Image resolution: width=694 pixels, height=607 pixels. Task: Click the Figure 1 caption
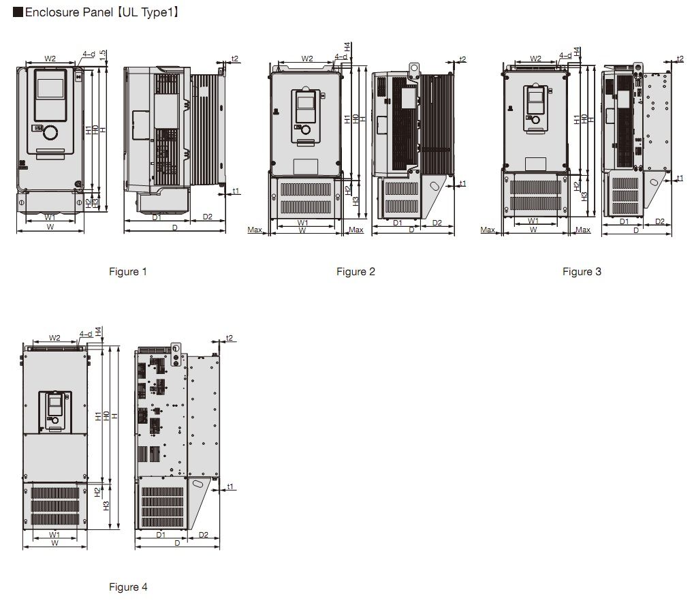(x=127, y=271)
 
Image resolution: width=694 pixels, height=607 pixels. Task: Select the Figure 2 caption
(x=356, y=271)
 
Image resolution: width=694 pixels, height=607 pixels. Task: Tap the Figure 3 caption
(x=582, y=271)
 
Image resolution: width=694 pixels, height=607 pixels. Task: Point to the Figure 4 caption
(x=128, y=587)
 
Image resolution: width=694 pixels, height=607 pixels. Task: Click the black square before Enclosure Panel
(x=18, y=12)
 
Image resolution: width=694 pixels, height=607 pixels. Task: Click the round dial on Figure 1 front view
(x=50, y=132)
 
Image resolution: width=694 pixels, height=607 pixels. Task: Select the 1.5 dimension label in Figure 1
(x=103, y=55)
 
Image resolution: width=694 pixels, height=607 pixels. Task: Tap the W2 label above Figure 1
(x=50, y=58)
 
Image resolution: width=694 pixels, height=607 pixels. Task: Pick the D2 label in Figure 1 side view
(x=207, y=216)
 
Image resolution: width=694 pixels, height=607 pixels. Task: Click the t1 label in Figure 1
(x=236, y=191)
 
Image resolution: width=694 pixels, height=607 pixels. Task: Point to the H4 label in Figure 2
(x=347, y=46)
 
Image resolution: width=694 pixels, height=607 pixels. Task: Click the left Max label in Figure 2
(x=255, y=230)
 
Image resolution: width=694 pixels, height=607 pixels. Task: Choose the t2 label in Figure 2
(x=462, y=59)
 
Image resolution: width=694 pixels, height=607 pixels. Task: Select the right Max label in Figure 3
(x=583, y=230)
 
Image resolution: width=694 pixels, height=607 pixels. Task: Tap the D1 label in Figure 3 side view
(x=624, y=221)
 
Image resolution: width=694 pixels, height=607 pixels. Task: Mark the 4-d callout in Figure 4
(x=86, y=334)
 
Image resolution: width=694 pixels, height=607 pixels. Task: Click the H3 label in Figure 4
(x=106, y=505)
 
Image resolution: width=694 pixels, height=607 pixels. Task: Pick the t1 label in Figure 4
(x=230, y=486)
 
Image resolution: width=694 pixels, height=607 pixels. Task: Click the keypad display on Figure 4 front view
(x=55, y=402)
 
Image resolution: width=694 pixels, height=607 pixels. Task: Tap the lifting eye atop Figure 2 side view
(x=414, y=69)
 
